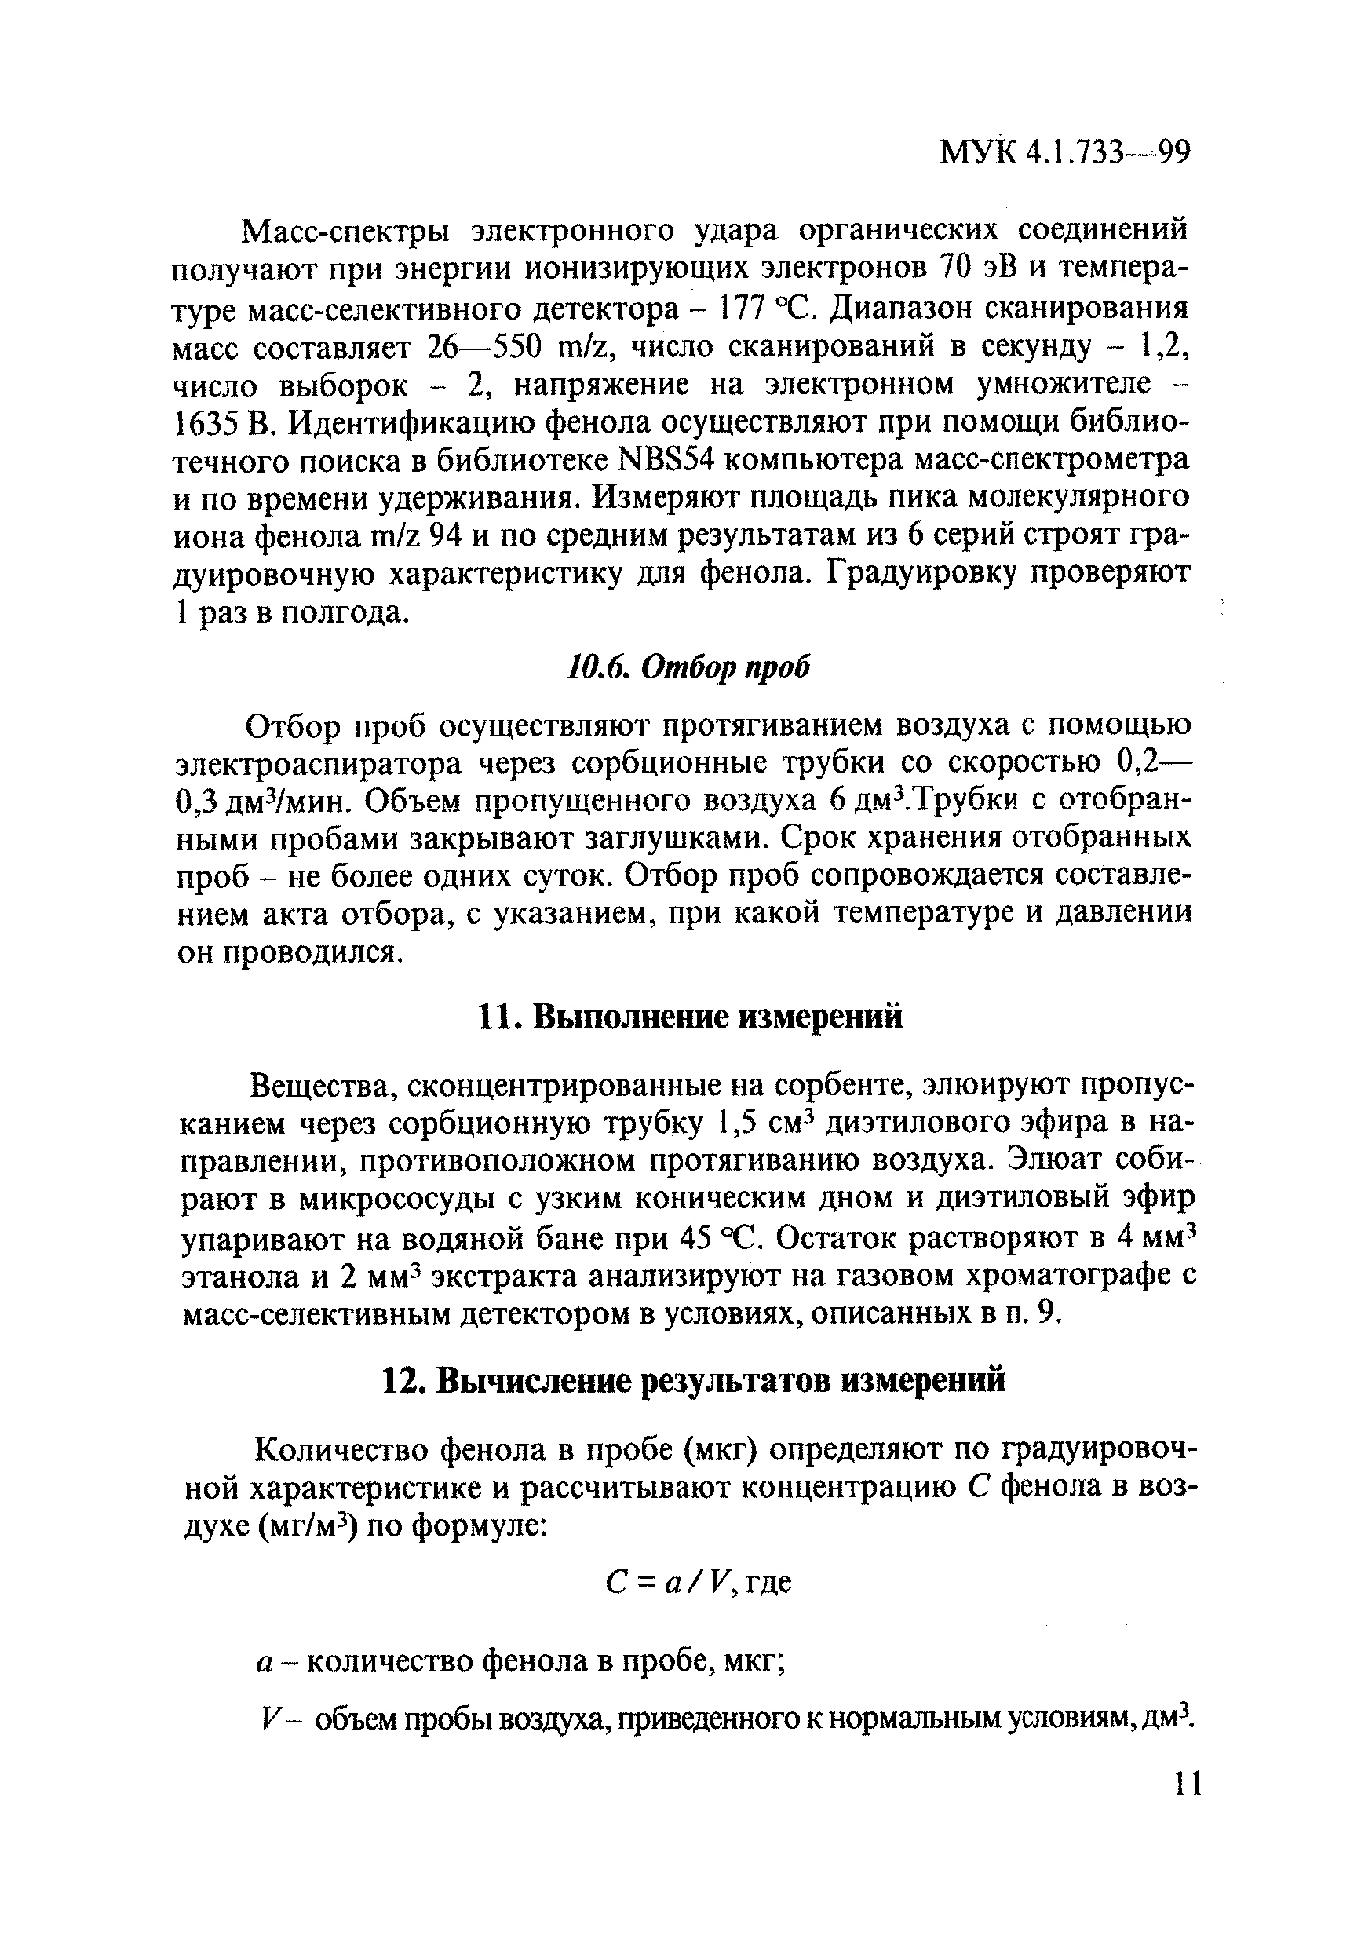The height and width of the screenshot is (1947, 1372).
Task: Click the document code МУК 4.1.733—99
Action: [1065, 154]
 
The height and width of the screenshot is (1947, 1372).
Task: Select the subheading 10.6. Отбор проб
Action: [688, 667]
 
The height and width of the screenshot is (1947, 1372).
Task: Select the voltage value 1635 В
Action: [223, 422]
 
